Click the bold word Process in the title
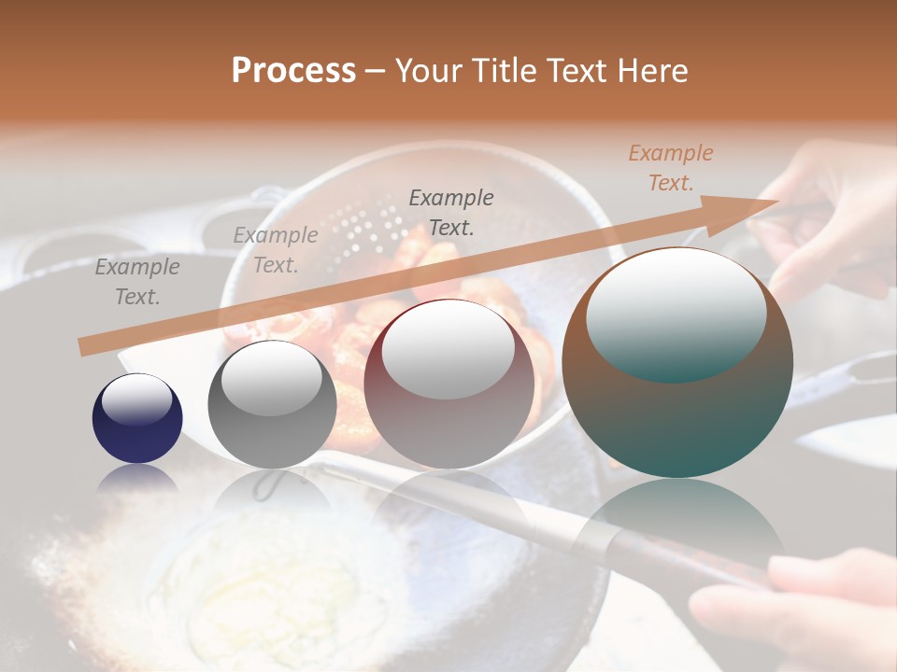[293, 71]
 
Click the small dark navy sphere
[137, 418]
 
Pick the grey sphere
[272, 403]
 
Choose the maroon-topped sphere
[448, 383]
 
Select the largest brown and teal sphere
[677, 362]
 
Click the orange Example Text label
[671, 168]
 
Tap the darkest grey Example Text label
[451, 212]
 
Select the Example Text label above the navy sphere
[137, 281]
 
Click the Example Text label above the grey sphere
[276, 250]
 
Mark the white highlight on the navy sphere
[136, 399]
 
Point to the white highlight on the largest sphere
[676, 313]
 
